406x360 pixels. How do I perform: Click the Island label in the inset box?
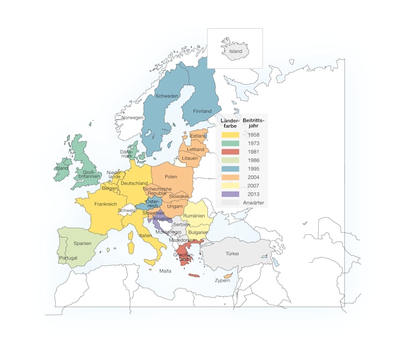[236, 51]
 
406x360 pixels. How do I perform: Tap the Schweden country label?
[167, 96]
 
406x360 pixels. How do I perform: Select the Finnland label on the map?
[202, 111]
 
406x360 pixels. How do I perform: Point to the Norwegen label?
[133, 117]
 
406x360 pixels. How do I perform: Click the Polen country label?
[171, 177]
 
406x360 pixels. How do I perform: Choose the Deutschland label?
[134, 183]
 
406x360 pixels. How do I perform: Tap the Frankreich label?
[106, 204]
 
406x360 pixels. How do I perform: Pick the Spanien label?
[82, 243]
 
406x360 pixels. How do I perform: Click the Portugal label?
[68, 258]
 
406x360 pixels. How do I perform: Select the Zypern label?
[222, 281]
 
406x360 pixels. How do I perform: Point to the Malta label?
[165, 271]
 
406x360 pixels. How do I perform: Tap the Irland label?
[62, 168]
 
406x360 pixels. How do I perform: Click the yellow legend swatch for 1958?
[230, 134]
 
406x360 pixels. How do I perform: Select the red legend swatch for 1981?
[230, 151]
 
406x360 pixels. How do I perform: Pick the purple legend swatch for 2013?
[230, 194]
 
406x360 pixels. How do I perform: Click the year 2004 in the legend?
[254, 177]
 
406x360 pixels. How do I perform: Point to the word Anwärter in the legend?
[254, 203]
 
